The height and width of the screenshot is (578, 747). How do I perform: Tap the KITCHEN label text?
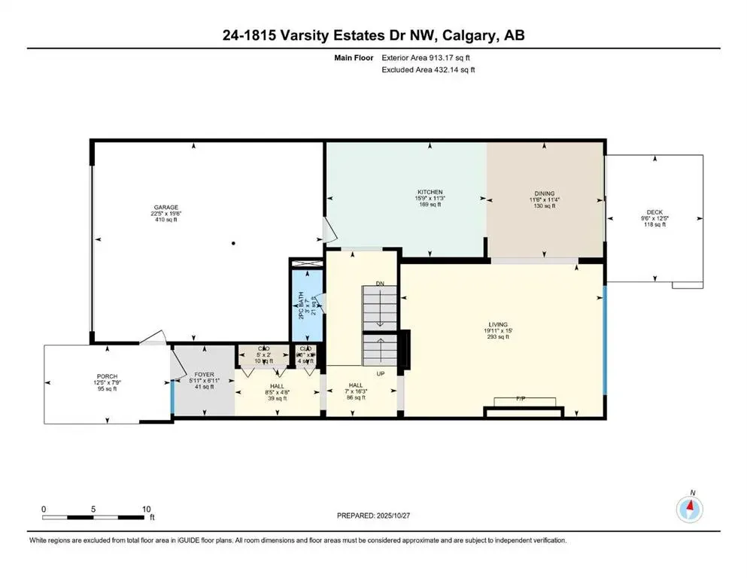point(430,192)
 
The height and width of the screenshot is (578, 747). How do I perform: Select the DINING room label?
point(544,193)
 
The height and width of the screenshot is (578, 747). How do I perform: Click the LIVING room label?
point(497,325)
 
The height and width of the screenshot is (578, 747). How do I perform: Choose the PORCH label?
point(106,376)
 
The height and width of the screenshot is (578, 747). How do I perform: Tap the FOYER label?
point(204,374)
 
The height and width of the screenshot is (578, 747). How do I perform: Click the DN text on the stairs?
point(381,283)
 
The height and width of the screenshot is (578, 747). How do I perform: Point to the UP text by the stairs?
point(381,373)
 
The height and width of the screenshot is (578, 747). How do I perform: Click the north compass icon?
point(690,510)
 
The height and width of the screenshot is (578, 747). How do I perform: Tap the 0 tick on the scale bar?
point(44,508)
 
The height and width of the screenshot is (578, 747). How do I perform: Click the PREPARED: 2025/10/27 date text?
point(374,516)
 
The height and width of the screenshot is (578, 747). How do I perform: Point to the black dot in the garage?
point(234,243)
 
